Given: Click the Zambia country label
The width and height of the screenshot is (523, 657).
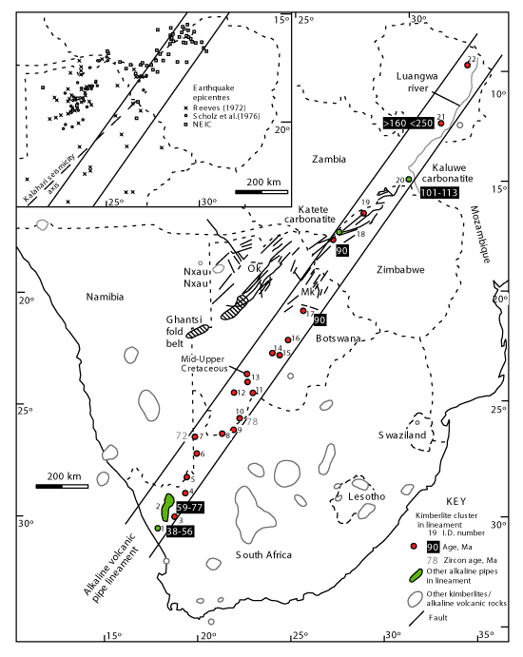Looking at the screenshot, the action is click(x=329, y=159).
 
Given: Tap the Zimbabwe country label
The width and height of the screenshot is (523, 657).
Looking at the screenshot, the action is click(x=400, y=270).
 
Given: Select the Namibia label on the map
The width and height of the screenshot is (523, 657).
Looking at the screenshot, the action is click(x=105, y=297).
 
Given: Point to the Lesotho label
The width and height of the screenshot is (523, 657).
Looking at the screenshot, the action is click(x=366, y=496).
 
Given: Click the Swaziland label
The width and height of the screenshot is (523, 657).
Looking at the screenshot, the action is click(x=402, y=435).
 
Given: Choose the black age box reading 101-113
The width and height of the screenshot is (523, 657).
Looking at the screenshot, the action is click(x=438, y=193).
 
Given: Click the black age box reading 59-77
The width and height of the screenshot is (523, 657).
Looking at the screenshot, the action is click(x=189, y=508).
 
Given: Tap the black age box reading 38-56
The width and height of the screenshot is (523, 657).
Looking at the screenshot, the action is click(x=180, y=531).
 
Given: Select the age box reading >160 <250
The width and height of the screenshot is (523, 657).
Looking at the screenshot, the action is click(x=408, y=124).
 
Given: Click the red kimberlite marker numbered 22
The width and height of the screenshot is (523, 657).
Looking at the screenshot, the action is click(x=467, y=65).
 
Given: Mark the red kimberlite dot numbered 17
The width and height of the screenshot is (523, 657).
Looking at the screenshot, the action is click(x=303, y=311).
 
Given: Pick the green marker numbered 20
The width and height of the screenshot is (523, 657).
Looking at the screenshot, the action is click(x=409, y=180).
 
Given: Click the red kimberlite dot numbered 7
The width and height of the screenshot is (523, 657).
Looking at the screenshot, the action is click(x=195, y=437).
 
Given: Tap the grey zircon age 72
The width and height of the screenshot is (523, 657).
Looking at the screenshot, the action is click(x=182, y=435).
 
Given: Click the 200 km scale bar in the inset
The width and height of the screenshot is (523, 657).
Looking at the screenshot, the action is click(x=261, y=192).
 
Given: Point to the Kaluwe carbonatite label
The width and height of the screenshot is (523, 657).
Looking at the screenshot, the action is click(x=447, y=173).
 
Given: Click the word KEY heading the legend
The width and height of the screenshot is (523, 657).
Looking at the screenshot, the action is click(x=455, y=502).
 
